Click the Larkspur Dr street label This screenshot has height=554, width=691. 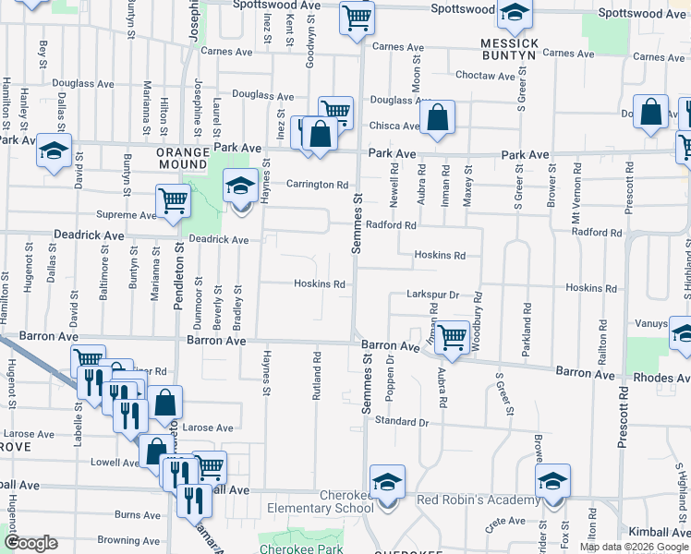coord(432,295)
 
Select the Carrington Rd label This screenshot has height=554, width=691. coord(316,185)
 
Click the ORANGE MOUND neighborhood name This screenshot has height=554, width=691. coord(189,159)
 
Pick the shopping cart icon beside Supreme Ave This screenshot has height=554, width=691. coord(174,200)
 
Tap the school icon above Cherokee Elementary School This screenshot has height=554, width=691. coord(387,481)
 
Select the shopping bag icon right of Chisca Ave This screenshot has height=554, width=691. coord(438,117)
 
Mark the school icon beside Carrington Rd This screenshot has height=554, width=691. coord(240,186)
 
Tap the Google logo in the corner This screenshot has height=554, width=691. coord(31,543)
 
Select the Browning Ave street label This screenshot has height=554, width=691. coord(130,540)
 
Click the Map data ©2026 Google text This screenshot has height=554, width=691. coord(634,547)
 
